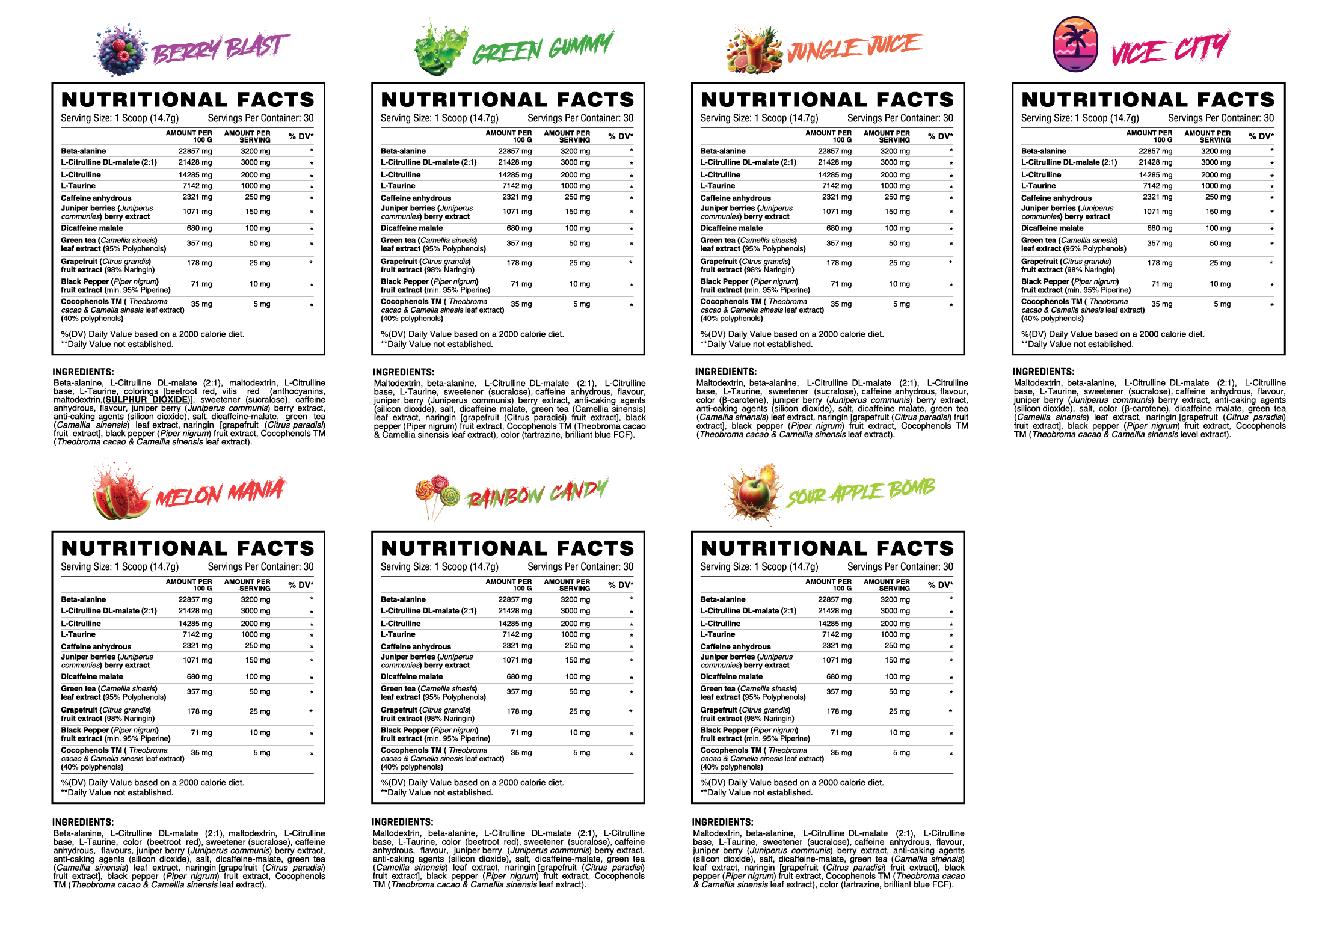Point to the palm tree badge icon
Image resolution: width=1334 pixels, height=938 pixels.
(1075, 44)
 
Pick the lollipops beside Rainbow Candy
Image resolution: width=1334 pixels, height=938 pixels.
(437, 494)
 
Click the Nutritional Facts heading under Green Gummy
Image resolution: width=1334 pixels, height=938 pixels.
(508, 100)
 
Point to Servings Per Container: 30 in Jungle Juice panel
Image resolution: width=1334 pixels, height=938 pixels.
(900, 118)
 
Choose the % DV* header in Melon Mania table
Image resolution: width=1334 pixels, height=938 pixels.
(300, 585)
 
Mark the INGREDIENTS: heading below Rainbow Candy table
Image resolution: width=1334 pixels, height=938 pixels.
(402, 822)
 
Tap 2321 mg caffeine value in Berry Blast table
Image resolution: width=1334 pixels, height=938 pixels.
(197, 197)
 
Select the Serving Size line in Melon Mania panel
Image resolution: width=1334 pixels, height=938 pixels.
(120, 567)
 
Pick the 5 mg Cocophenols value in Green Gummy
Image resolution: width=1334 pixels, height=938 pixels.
(581, 304)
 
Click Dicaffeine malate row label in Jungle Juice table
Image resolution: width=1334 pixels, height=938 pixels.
(731, 228)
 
